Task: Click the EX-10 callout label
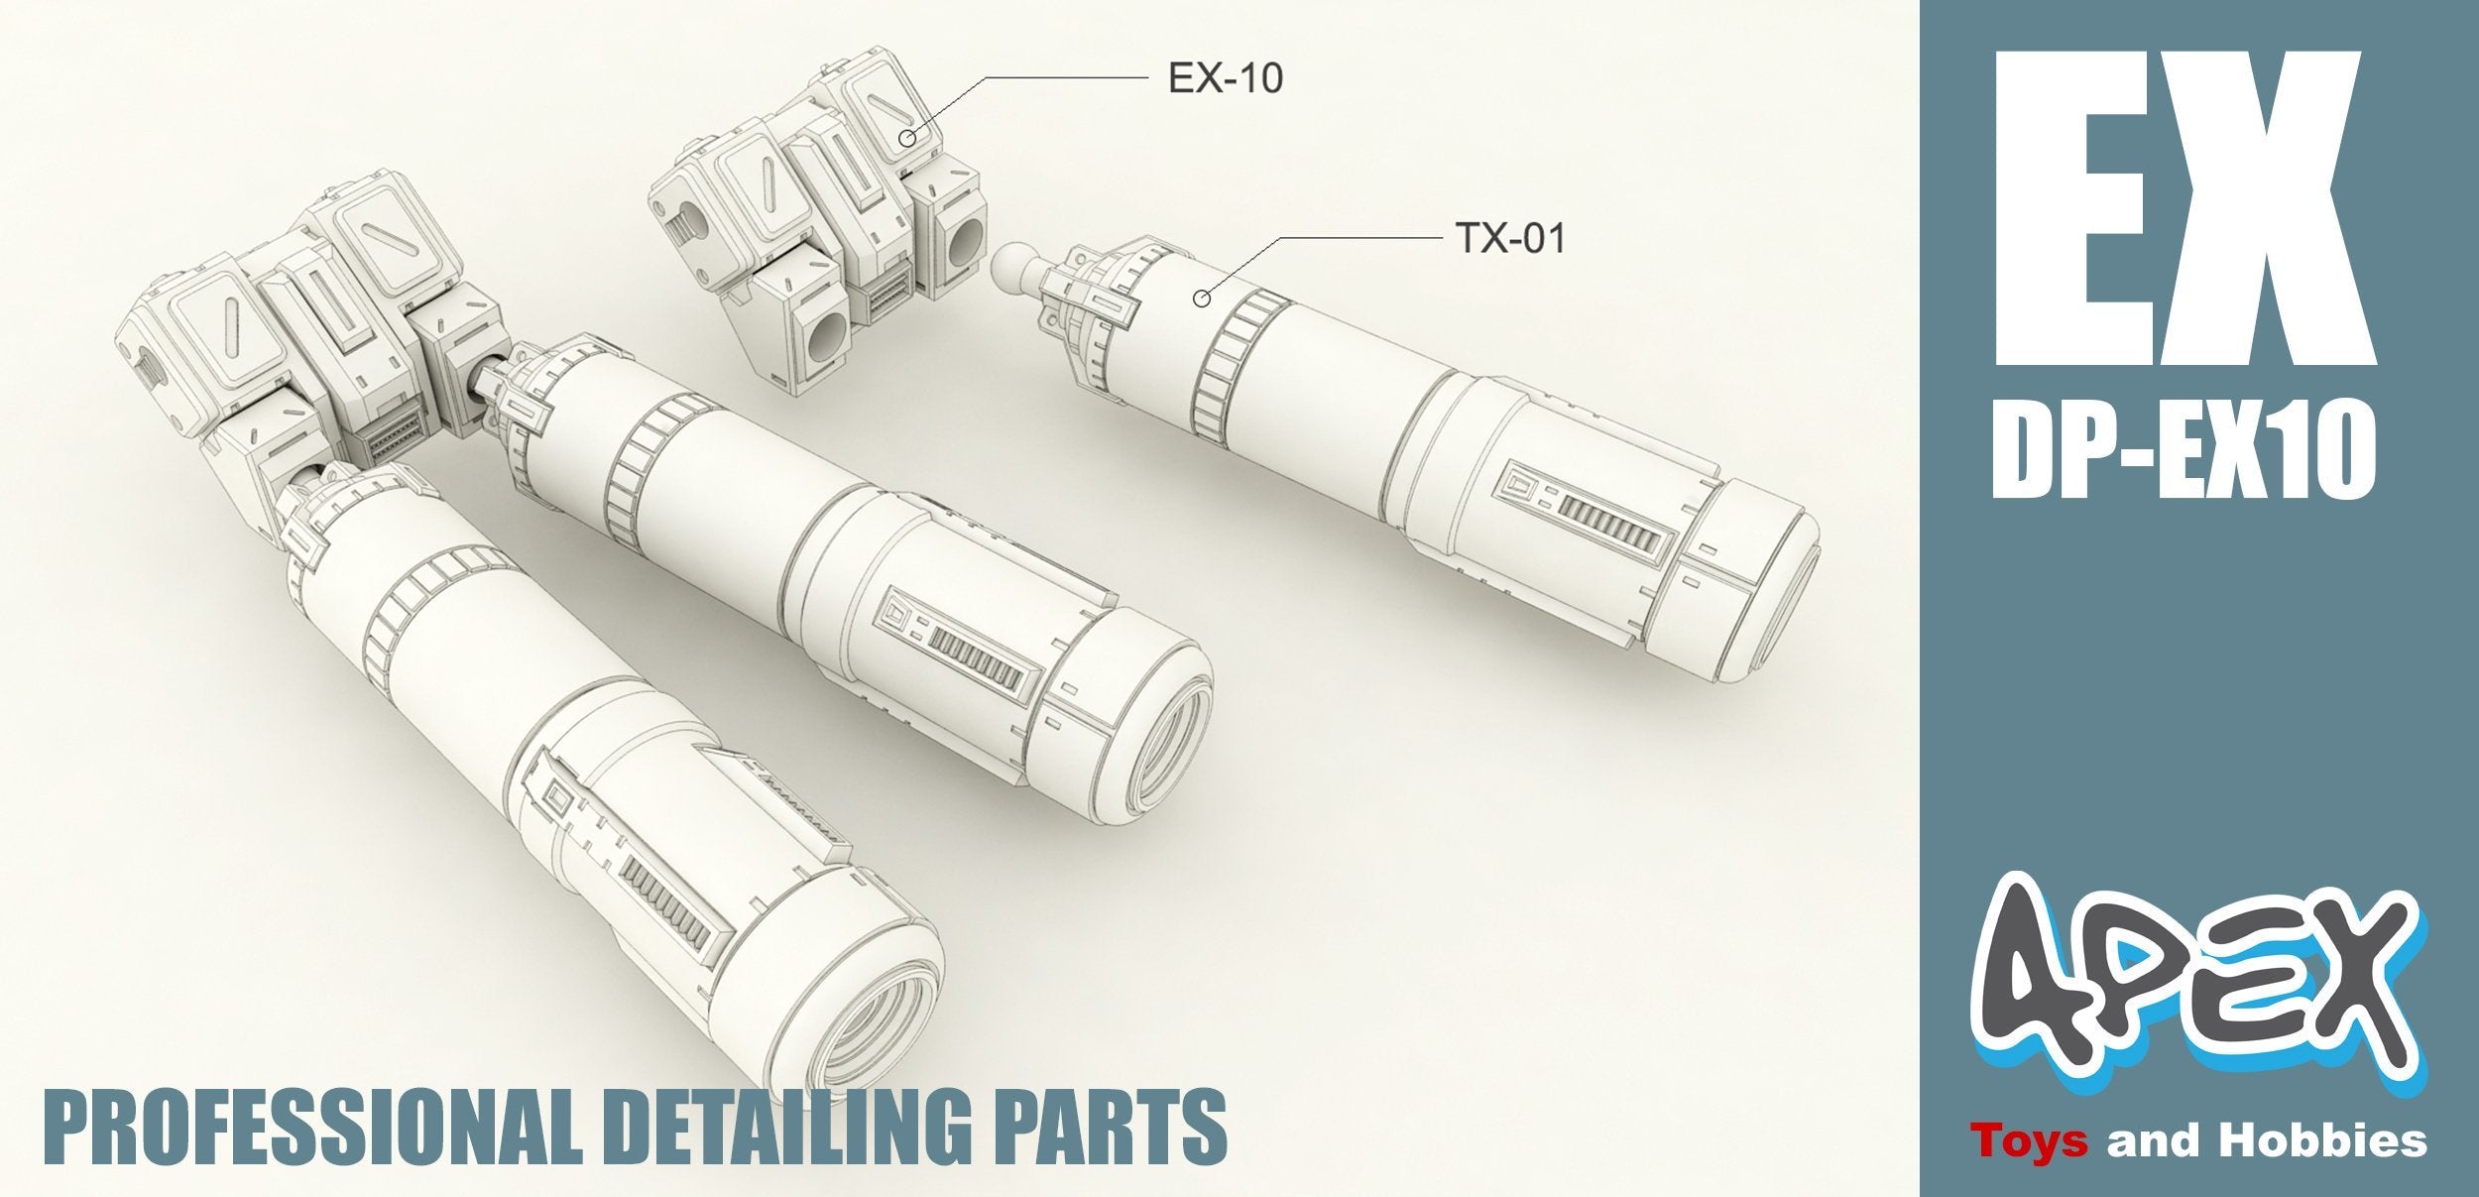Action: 1225,77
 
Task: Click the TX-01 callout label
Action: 1509,238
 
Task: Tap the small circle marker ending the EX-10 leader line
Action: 906,138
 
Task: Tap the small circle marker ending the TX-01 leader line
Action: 1202,298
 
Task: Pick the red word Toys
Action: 2030,1140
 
